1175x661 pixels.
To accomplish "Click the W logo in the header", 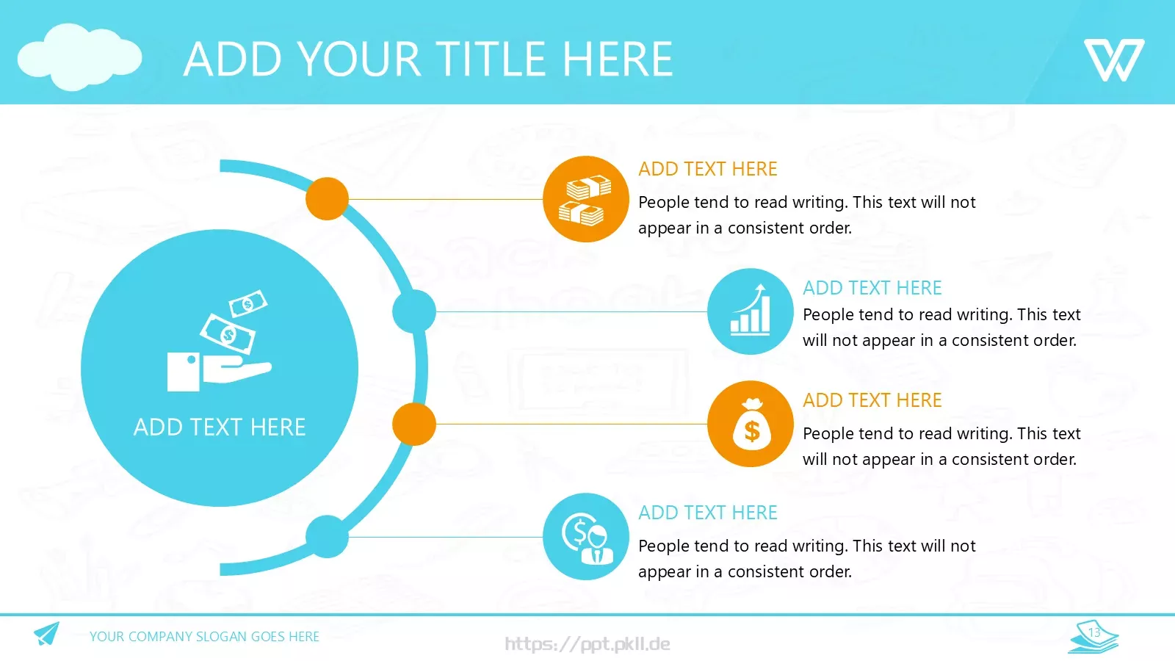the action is (x=1114, y=59).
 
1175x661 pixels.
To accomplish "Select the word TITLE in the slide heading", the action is (x=491, y=59).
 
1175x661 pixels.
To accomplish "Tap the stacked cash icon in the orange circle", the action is (x=585, y=200).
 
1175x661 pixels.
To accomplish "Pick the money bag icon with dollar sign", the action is (x=752, y=425).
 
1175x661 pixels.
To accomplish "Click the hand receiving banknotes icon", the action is (x=219, y=341).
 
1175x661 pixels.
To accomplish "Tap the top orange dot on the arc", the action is (x=328, y=199).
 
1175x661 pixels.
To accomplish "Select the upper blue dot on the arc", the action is (x=414, y=311).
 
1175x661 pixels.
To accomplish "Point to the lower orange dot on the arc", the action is (x=414, y=424).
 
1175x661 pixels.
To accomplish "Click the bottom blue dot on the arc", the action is (x=328, y=537).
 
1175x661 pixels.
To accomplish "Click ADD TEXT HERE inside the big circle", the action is (x=220, y=427).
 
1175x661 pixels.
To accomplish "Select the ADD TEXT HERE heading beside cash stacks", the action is (x=708, y=169).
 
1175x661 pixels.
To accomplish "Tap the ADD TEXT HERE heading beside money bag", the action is (x=872, y=400).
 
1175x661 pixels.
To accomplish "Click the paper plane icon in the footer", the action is (x=47, y=634).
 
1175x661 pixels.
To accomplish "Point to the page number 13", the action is (x=1093, y=632).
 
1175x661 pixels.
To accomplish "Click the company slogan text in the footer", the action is (x=204, y=636).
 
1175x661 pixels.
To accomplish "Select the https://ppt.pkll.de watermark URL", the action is (x=587, y=643).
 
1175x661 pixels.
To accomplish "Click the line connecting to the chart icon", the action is (x=571, y=311).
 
